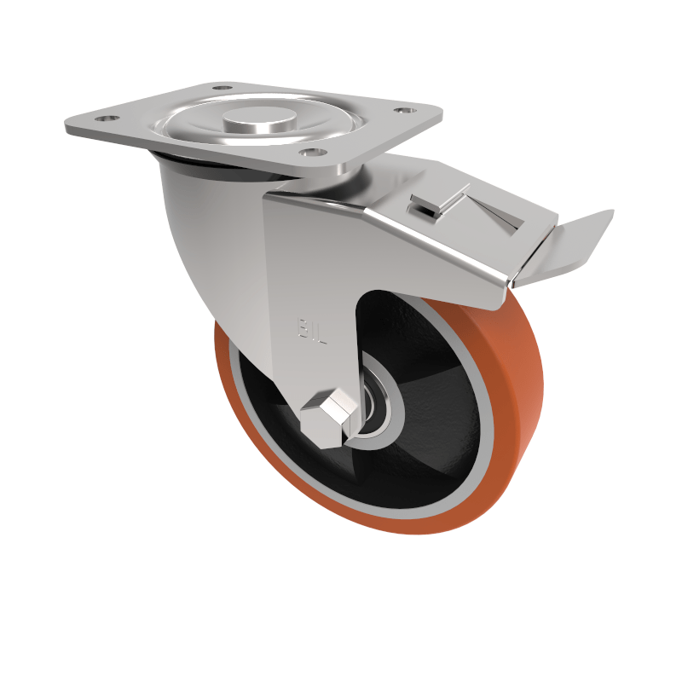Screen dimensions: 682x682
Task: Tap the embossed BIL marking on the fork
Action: (311, 330)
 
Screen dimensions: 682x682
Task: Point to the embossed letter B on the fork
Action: (302, 328)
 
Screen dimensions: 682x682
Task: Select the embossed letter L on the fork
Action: (321, 333)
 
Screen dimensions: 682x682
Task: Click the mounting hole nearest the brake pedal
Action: (402, 110)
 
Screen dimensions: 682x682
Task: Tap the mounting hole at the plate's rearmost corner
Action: (222, 87)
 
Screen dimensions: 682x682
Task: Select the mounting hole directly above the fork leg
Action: (312, 152)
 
